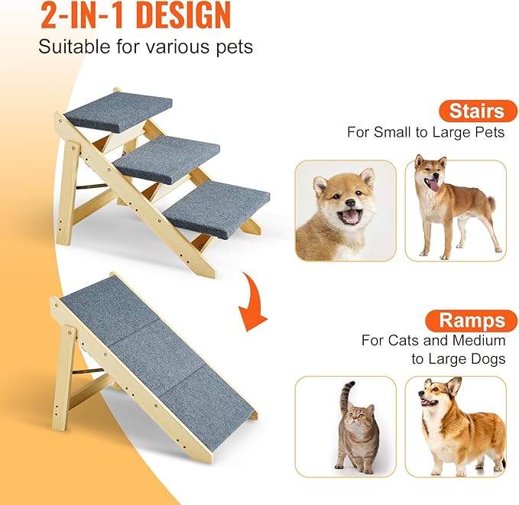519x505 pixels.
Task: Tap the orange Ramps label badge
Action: point(472,319)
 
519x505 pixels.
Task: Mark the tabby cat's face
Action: point(356,419)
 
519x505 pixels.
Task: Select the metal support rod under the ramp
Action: point(92,371)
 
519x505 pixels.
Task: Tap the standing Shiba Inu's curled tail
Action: point(487,190)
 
